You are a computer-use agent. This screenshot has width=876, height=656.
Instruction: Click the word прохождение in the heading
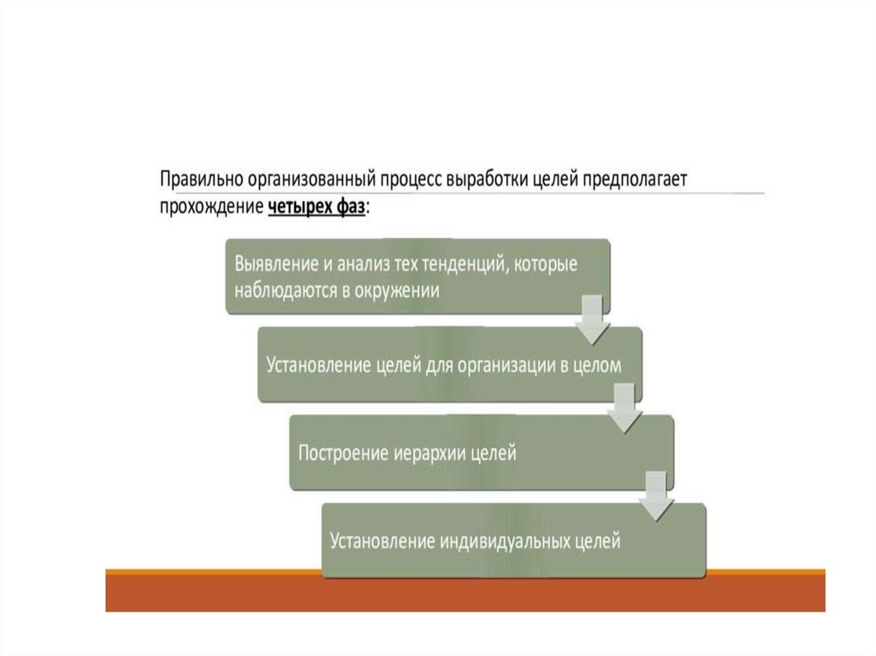click(210, 207)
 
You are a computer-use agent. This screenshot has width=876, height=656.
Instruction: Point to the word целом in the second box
click(608, 364)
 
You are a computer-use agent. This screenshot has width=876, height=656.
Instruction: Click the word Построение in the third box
click(336, 452)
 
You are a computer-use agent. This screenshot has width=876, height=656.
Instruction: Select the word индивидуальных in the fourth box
click(500, 541)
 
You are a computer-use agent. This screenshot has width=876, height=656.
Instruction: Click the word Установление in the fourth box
click(382, 541)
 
